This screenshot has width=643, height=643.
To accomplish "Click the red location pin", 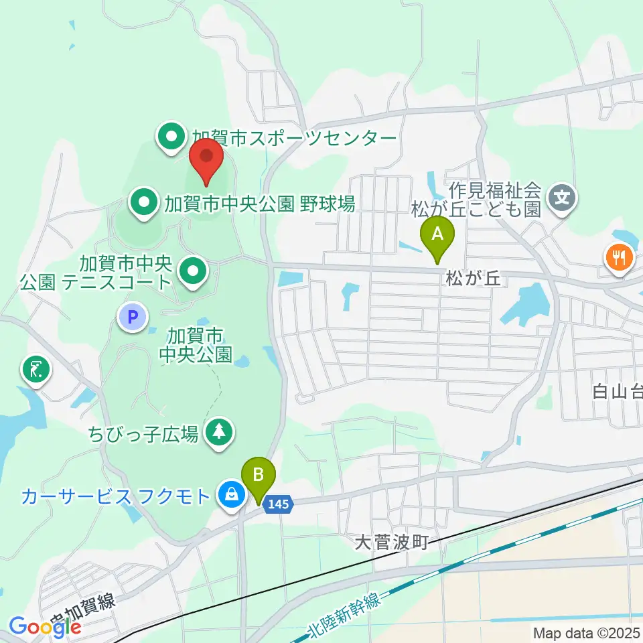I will point(206,159).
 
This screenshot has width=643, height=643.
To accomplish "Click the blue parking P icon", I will point(133,316).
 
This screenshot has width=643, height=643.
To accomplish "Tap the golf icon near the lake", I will point(35,370).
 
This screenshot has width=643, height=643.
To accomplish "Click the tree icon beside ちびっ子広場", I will point(218,433).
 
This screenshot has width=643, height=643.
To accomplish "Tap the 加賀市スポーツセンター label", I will point(295,138).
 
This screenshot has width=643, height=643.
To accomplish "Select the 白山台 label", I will point(617,391).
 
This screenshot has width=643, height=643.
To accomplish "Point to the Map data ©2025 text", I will point(587,632).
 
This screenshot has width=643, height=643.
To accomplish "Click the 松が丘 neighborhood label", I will point(473,277).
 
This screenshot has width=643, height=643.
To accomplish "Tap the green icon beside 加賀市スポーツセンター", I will point(171,138).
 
